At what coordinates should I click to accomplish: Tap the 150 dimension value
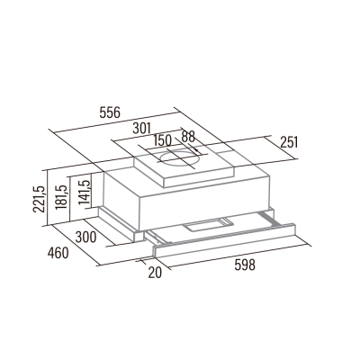(164, 140)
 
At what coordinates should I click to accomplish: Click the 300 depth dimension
(85, 237)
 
